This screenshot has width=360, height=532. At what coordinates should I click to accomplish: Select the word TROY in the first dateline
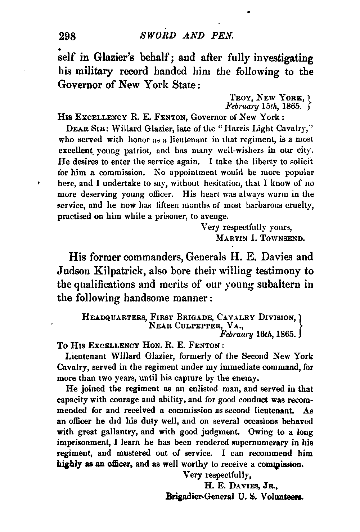pyautogui.click(x=239, y=97)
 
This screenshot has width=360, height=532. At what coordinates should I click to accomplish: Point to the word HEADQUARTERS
pyautogui.click(x=114, y=318)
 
